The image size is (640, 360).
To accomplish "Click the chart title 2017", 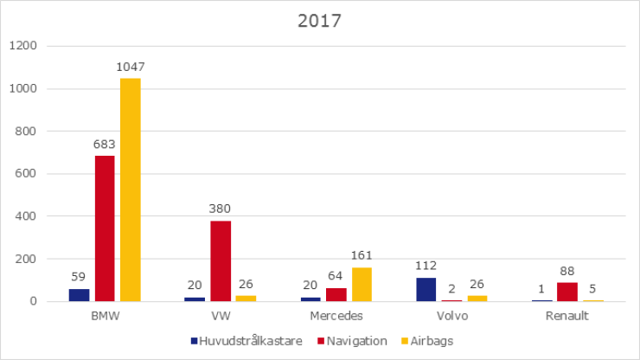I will click(x=319, y=21).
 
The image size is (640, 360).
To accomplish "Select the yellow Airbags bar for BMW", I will click(x=131, y=190).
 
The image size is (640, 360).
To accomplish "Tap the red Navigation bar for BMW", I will click(x=105, y=228).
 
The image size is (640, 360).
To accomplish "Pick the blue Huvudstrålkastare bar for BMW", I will click(x=80, y=295).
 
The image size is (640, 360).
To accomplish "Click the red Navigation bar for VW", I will click(x=221, y=261).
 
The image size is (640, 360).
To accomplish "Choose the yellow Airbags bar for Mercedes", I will click(x=362, y=285).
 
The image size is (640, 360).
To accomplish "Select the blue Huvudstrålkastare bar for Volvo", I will click(x=426, y=289).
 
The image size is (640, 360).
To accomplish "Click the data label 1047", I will click(x=131, y=67).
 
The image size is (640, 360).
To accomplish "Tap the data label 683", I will click(x=105, y=145).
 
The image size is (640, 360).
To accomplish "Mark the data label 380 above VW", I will click(x=221, y=209).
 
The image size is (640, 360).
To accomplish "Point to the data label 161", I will click(x=362, y=255).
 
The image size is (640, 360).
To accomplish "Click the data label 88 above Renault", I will click(x=567, y=271).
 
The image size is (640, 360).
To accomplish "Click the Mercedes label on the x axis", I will click(x=336, y=316).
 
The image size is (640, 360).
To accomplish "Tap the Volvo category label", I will click(x=451, y=316).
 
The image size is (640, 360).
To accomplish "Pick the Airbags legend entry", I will click(x=429, y=341).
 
